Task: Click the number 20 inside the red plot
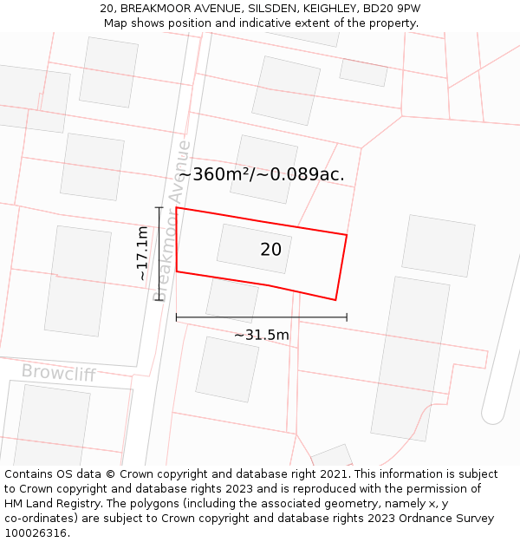(x=270, y=250)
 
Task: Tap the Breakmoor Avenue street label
(x=171, y=220)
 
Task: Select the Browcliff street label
(x=58, y=373)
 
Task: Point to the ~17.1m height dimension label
(x=142, y=252)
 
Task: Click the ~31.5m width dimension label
(x=262, y=335)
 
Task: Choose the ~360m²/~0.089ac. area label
(x=262, y=174)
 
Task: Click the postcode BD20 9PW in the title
(x=393, y=9)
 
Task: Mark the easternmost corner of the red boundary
(x=347, y=235)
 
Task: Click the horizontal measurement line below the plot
(x=262, y=317)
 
